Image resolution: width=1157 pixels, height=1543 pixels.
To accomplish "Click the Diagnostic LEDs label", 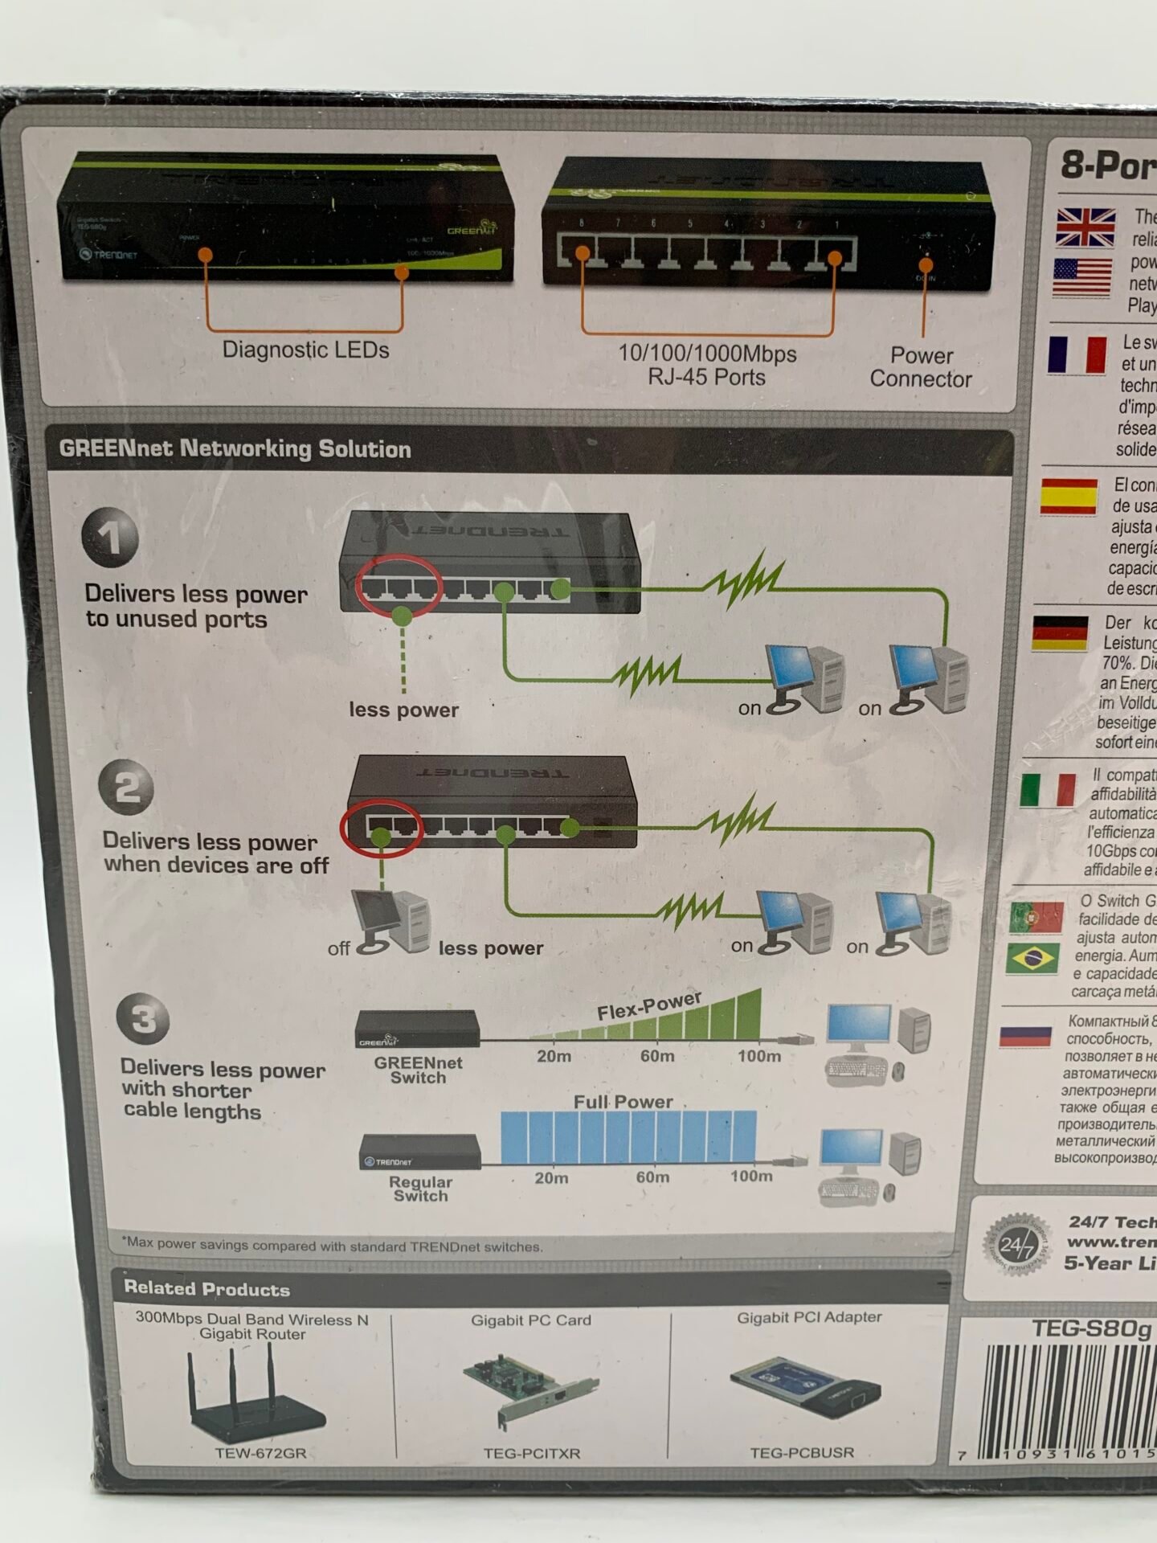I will click(305, 350).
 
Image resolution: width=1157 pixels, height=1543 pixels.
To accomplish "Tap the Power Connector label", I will click(921, 367).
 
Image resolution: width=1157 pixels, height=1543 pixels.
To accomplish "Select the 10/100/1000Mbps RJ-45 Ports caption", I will click(707, 365).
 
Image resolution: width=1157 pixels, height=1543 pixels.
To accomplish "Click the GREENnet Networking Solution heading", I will click(235, 448).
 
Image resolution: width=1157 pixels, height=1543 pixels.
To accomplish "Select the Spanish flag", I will click(1068, 497).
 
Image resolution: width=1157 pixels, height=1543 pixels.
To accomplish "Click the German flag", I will click(1060, 633).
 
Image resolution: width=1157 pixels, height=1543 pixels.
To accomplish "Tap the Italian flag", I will click(1048, 789).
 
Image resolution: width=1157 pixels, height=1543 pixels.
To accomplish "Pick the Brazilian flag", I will click(1032, 959).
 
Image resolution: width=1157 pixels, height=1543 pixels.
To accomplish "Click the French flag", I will click(1077, 354).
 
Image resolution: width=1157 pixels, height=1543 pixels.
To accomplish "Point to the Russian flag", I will click(1025, 1035).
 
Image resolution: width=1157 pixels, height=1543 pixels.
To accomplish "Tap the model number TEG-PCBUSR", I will click(802, 1453).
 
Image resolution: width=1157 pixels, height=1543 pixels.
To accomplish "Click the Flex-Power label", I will click(649, 1006).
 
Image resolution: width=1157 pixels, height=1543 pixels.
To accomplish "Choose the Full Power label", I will click(623, 1102).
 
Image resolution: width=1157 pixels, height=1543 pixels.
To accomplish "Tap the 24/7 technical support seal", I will click(1017, 1246).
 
